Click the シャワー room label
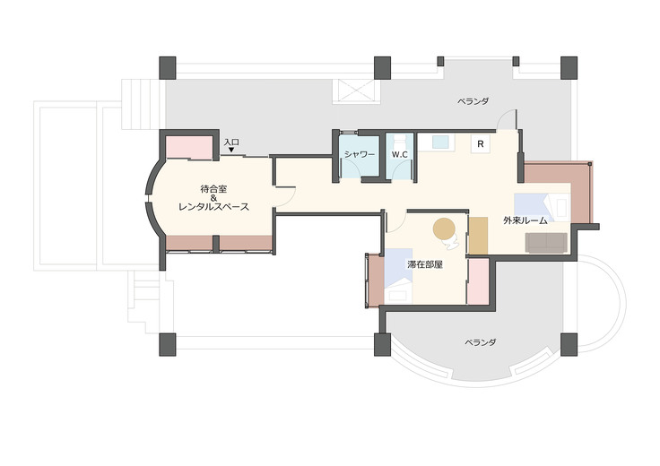(359, 154)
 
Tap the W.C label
(399, 154)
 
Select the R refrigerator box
(481, 144)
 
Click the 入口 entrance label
(231, 142)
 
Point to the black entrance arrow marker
(231, 150)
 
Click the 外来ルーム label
(525, 220)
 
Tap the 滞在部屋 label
(425, 265)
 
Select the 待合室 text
(213, 189)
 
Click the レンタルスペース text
(213, 207)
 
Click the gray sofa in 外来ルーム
(546, 243)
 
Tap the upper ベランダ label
(473, 101)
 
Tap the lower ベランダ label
(481, 342)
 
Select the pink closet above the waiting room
(189, 148)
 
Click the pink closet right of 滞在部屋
(478, 281)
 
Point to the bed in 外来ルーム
(542, 207)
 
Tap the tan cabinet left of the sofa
(478, 236)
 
